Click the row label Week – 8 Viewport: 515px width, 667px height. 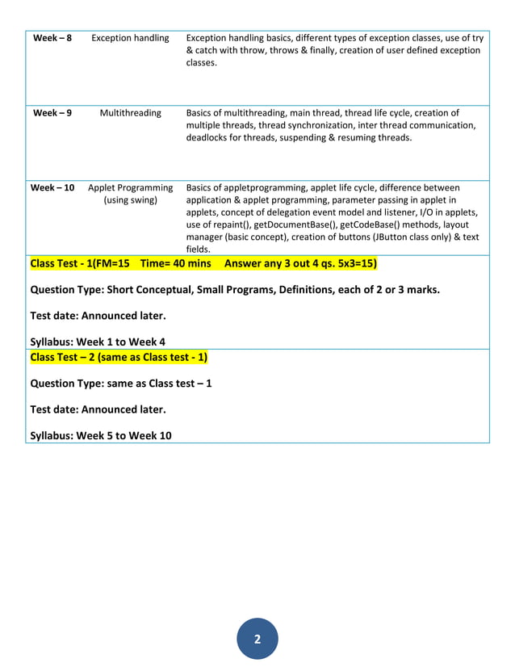click(52, 38)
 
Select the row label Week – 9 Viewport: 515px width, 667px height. click(52, 113)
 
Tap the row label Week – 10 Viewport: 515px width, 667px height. click(52, 188)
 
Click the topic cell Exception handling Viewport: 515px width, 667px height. click(130, 38)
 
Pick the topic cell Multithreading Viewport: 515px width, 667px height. click(130, 113)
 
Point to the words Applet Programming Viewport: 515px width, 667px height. click(130, 188)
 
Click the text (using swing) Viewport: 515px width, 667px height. click(130, 200)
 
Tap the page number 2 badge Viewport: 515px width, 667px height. click(257, 640)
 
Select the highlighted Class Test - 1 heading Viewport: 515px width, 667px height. click(79, 263)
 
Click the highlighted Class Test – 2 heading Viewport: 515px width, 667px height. click(119, 357)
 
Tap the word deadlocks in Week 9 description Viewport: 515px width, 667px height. click(209, 137)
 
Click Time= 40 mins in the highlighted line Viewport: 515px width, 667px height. click(175, 263)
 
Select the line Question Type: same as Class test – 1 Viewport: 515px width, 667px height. click(121, 383)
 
